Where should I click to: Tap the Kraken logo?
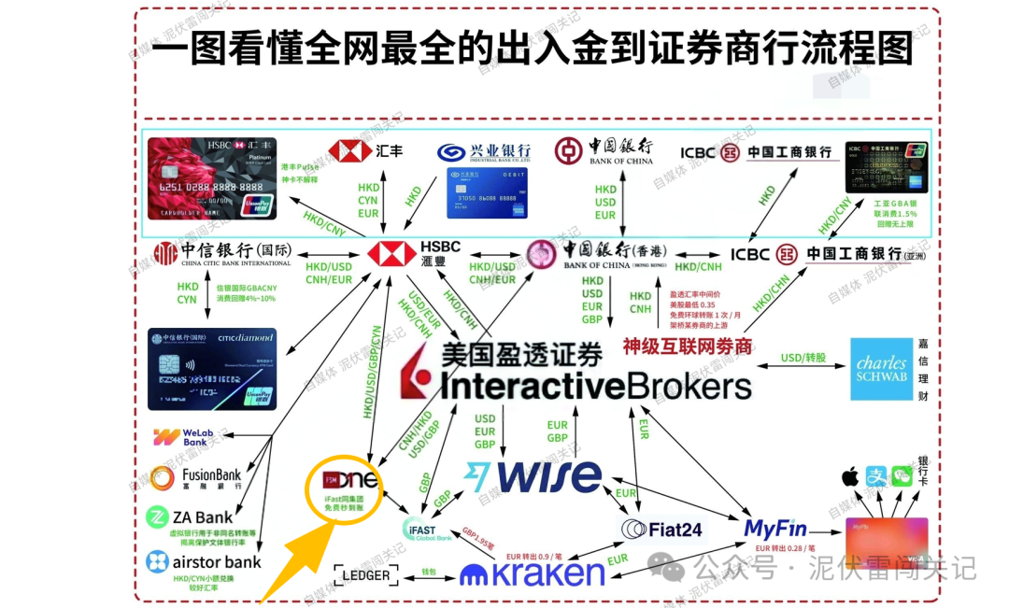pos(533,572)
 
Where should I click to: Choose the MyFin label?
pos(775,529)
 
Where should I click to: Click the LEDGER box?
pos(366,575)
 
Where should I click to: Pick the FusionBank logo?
pos(196,476)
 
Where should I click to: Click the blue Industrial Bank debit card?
pos(482,192)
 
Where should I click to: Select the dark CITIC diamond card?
pos(212,368)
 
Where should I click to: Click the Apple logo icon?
pos(850,478)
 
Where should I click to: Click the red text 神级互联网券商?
pos(688,346)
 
